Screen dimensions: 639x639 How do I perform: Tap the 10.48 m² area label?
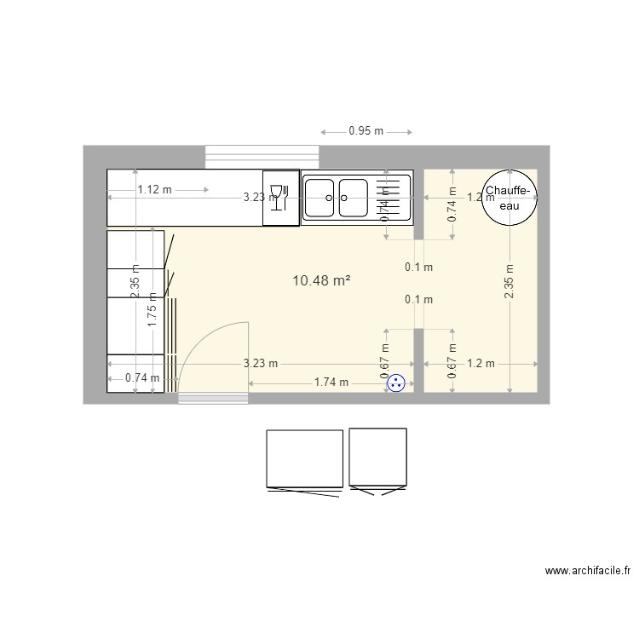[x=322, y=279]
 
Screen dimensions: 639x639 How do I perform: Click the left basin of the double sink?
[x=319, y=197]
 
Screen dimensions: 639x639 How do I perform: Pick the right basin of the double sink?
[x=353, y=197]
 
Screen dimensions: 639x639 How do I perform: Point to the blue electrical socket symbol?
[x=395, y=384]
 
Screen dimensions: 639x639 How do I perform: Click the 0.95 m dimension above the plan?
[x=366, y=132]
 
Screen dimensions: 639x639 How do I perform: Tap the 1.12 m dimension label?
[x=155, y=190]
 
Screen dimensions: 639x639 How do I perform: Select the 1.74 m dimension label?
[x=331, y=383]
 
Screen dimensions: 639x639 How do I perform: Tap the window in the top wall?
[x=262, y=157]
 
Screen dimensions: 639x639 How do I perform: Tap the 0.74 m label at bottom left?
[x=142, y=378]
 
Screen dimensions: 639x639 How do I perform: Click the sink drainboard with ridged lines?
[x=393, y=197]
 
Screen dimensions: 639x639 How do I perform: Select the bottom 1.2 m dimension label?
[x=481, y=364]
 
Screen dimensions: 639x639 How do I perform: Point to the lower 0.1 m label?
[x=418, y=299]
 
